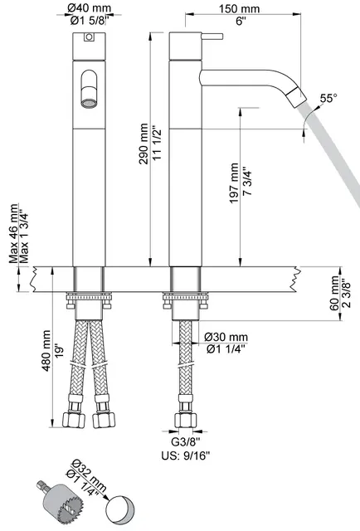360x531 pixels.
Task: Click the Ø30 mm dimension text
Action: tap(226, 336)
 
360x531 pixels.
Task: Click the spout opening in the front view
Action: tap(87, 93)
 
